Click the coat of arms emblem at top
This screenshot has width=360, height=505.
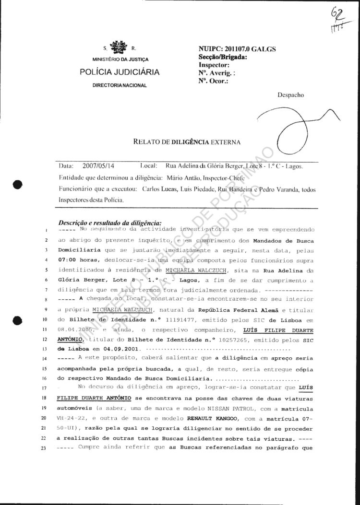click(118, 47)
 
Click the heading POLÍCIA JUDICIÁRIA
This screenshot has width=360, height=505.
click(120, 72)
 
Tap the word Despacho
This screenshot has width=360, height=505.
click(290, 95)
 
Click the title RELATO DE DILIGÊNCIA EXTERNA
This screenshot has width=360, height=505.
click(187, 142)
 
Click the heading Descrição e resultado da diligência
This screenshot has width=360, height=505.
click(110, 223)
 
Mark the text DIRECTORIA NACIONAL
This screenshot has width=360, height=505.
click(120, 85)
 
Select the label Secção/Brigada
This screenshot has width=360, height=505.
click(223, 57)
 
